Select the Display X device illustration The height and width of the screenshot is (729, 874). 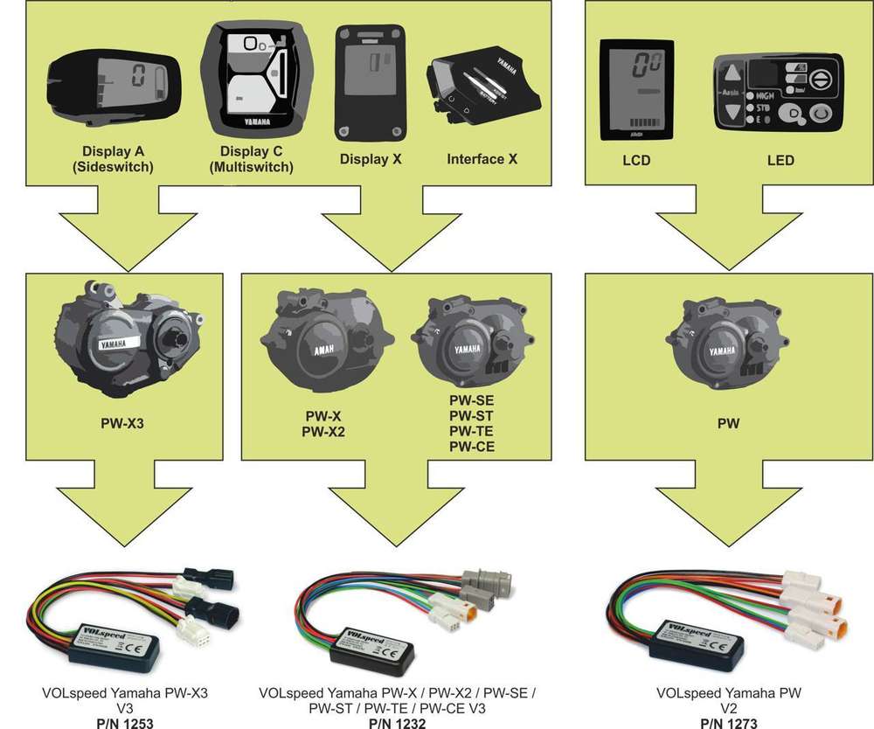coord(371,83)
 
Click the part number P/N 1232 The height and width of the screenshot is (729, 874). coord(397,722)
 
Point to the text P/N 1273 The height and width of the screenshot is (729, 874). coord(727,722)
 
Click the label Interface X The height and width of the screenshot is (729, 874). coord(482,159)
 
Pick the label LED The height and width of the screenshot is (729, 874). coord(778,160)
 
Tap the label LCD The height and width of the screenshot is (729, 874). coord(635,160)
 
